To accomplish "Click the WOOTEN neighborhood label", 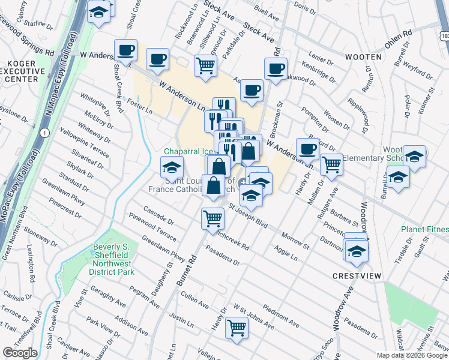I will [363, 56].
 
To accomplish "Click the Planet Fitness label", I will [427, 229].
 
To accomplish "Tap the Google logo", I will [20, 353].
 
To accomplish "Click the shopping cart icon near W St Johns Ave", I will [237, 328].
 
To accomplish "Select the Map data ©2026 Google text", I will [412, 355].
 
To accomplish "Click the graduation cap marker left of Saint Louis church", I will [172, 167].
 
